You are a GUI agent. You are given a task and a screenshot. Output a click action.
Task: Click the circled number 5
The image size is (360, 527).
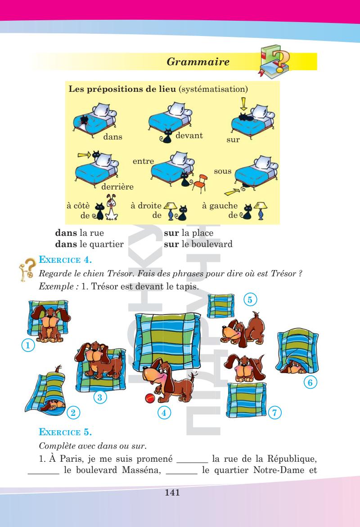(251, 299)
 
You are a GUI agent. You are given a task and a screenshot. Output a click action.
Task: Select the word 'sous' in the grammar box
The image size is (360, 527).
(222, 172)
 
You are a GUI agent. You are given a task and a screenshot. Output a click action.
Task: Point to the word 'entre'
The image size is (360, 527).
(143, 161)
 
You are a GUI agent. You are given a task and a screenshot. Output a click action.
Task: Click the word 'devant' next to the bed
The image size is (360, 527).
(189, 135)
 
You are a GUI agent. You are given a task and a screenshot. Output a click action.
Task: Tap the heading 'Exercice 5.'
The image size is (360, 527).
(65, 433)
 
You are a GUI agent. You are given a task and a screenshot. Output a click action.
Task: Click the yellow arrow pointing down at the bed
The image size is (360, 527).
(243, 104)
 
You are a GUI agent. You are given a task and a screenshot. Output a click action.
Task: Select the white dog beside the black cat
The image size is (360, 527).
(112, 208)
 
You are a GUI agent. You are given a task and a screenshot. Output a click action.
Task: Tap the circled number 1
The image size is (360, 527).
(28, 345)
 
